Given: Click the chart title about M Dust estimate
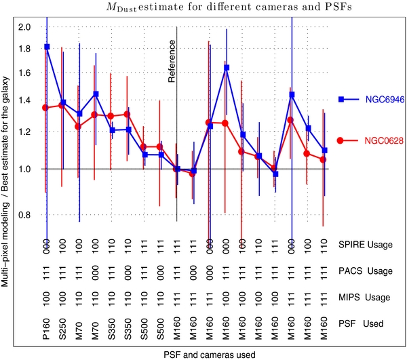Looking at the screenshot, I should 203,8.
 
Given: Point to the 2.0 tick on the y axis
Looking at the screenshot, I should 24,27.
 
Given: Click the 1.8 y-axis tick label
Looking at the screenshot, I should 24,49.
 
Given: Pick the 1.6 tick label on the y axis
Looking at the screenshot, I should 24,73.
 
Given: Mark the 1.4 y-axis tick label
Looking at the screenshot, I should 24,100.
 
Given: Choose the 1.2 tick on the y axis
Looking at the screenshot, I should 24,132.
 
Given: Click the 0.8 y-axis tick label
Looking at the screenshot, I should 24,216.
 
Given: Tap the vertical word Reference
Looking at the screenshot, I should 172,61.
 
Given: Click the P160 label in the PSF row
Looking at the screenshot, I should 47,324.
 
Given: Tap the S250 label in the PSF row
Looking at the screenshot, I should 63,324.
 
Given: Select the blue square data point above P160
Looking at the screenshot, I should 47,47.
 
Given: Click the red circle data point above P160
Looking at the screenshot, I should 46,107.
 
